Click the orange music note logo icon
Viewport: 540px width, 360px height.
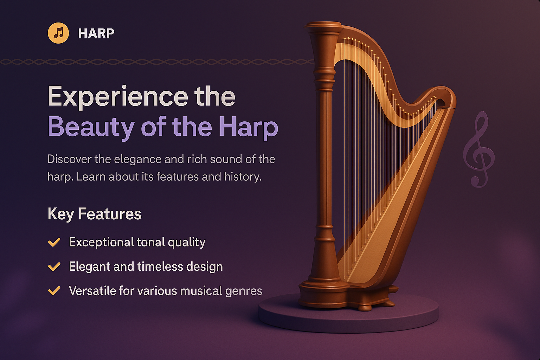pyautogui.click(x=58, y=33)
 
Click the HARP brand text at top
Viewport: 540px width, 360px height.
pyautogui.click(x=96, y=33)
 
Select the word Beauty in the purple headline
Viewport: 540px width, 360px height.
pyautogui.click(x=91, y=127)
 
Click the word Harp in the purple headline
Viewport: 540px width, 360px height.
pyautogui.click(x=248, y=127)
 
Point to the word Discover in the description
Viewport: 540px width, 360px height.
pyautogui.click(x=69, y=159)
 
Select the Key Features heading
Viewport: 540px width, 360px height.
pyautogui.click(x=94, y=214)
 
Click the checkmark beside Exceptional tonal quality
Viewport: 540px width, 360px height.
pyautogui.click(x=54, y=242)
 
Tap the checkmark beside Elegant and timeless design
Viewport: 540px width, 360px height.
pyautogui.click(x=54, y=267)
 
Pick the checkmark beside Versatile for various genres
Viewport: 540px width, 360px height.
pyautogui.click(x=54, y=291)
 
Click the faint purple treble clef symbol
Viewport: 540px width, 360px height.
pyautogui.click(x=479, y=149)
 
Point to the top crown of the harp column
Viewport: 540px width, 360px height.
pyautogui.click(x=323, y=27)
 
